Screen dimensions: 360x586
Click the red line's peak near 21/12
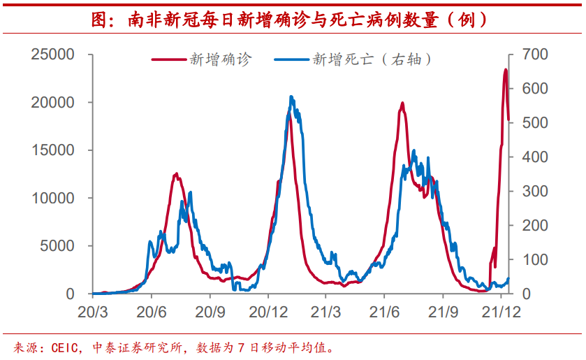point(506,70)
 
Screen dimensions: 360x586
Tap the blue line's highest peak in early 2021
point(291,97)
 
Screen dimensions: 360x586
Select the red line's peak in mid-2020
point(176,174)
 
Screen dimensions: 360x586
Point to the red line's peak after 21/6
point(402,103)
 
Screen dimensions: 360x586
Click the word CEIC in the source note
point(66,347)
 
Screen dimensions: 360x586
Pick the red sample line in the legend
point(170,59)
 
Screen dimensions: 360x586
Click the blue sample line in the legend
point(291,59)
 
